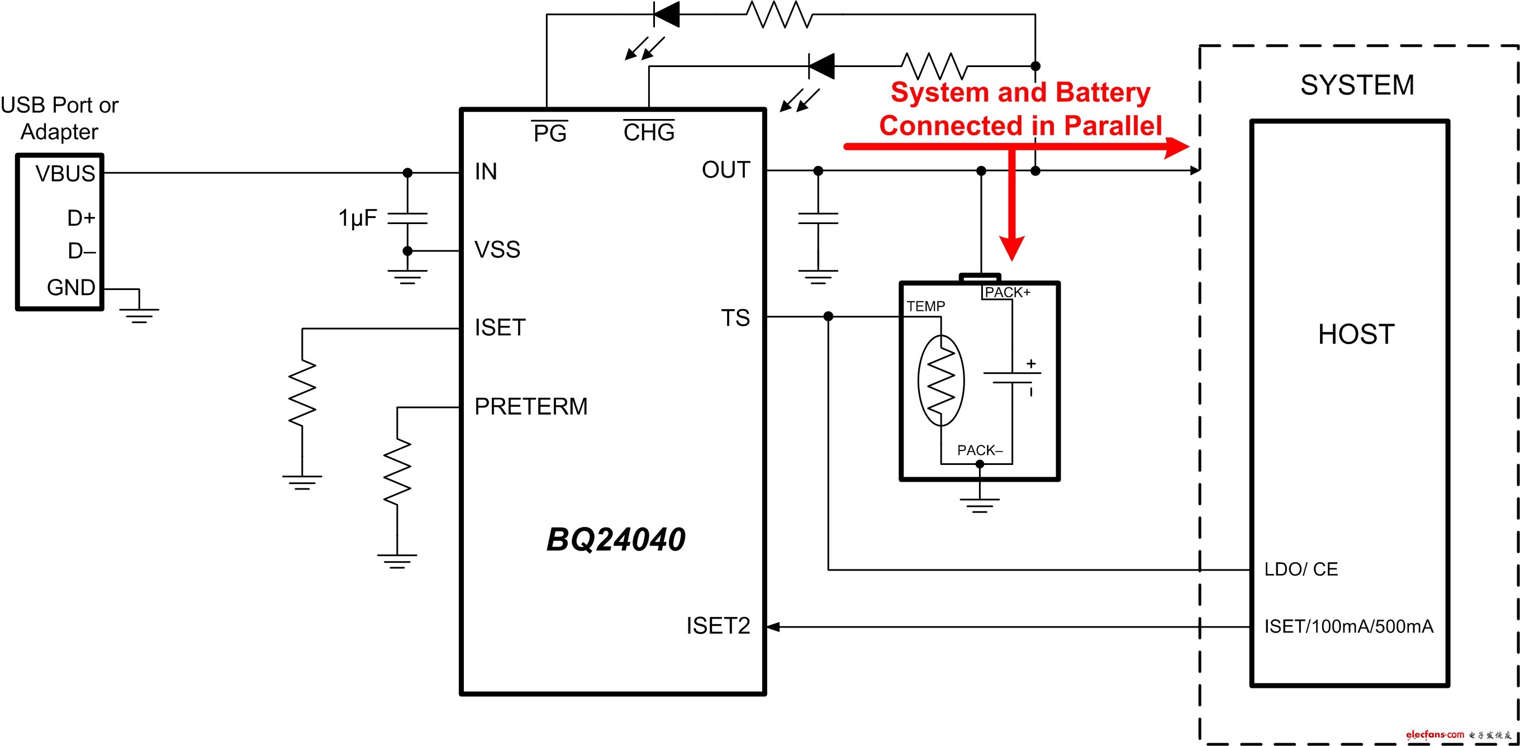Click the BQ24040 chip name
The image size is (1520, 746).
click(615, 539)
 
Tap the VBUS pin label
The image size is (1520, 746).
click(65, 174)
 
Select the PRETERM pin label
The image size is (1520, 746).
click(530, 407)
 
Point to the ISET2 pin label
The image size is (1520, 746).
click(718, 626)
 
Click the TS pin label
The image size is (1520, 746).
click(735, 318)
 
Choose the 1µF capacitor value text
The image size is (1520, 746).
click(357, 218)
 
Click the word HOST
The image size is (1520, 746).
click(1356, 335)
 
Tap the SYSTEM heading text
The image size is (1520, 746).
click(1357, 85)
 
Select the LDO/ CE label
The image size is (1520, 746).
click(1300, 569)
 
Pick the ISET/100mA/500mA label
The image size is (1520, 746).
click(1348, 626)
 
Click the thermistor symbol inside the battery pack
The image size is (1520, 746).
click(941, 381)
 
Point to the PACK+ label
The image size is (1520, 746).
click(1007, 292)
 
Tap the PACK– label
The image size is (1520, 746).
click(980, 450)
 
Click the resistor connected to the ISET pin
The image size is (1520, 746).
click(302, 393)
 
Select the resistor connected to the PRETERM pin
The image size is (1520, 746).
click(397, 472)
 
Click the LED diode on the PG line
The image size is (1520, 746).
click(666, 14)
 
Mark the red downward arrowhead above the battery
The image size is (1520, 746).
click(1011, 248)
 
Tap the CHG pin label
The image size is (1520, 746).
click(648, 132)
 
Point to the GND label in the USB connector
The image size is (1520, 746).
click(71, 287)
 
